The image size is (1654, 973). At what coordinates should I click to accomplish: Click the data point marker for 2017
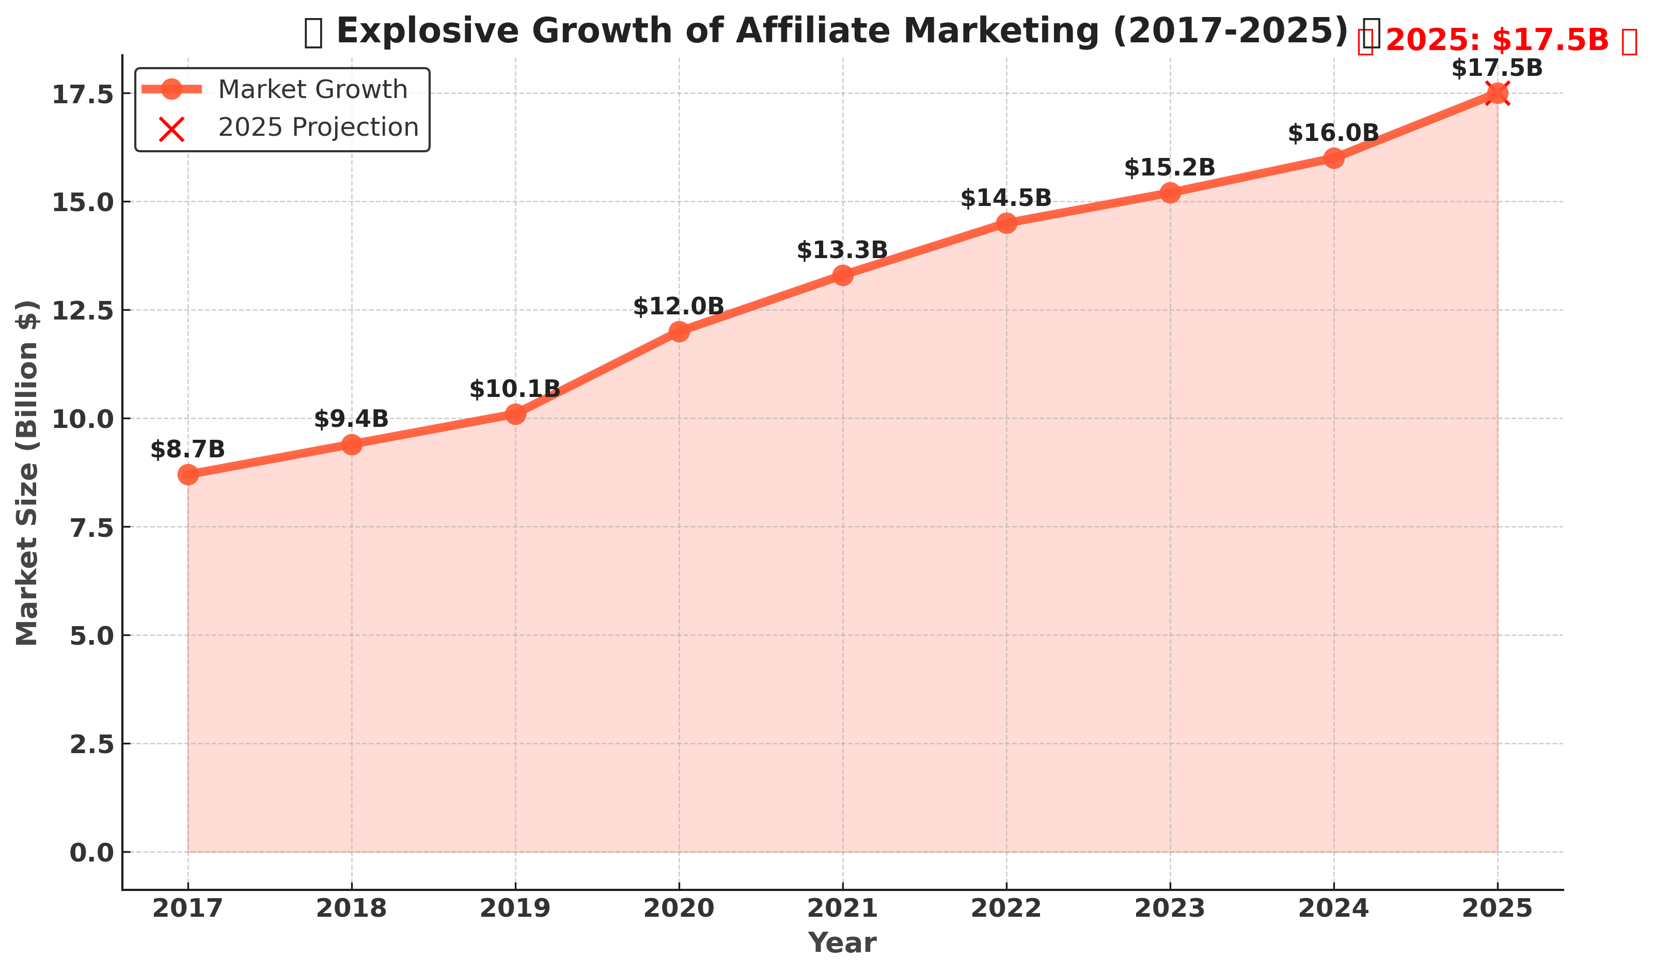[x=188, y=474]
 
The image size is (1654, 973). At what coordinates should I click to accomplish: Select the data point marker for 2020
[x=680, y=331]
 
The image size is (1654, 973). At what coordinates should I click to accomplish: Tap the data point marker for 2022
[x=1006, y=223]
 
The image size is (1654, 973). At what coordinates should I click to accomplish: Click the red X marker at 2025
[x=1497, y=93]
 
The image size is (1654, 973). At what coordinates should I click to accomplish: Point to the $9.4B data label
[x=351, y=419]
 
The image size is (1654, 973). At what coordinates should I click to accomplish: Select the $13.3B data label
[x=842, y=250]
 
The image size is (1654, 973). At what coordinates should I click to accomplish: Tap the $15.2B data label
[x=1170, y=168]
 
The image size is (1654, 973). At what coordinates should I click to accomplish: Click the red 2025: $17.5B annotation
[x=1497, y=41]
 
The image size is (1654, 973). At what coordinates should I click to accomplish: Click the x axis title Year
[x=842, y=944]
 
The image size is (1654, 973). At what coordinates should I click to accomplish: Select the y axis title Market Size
[x=27, y=472]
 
